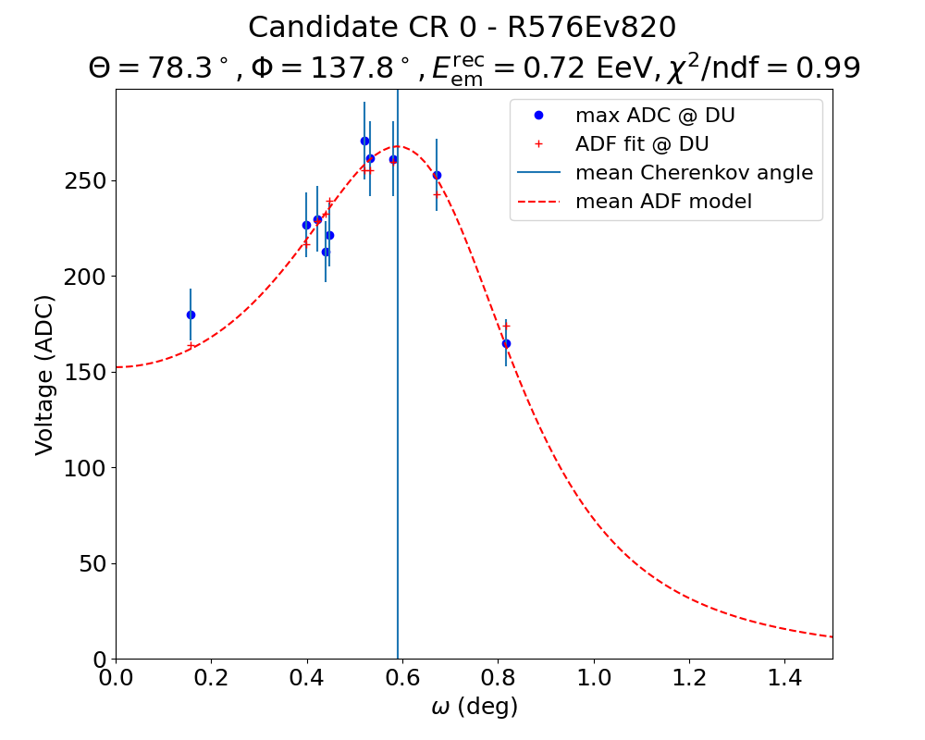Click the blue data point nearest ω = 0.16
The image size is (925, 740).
(191, 314)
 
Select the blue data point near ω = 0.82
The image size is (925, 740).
(506, 343)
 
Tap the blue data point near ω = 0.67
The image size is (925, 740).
(437, 175)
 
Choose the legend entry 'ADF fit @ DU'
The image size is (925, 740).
(642, 144)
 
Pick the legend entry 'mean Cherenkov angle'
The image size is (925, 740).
(694, 173)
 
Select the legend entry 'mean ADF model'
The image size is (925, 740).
(663, 202)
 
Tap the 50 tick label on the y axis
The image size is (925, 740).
(93, 563)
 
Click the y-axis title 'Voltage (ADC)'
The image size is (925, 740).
(44, 375)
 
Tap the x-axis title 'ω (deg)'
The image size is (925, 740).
(475, 708)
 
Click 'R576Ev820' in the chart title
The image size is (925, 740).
(592, 28)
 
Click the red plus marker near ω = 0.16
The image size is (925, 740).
(191, 346)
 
